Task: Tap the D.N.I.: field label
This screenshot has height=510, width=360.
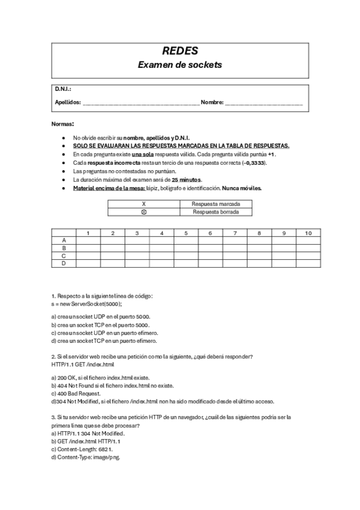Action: (63, 90)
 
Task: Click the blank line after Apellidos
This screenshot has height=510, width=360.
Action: (141, 103)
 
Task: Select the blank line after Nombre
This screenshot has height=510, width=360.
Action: (264, 103)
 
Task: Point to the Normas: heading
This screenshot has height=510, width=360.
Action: (63, 123)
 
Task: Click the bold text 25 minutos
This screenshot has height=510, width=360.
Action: (186, 180)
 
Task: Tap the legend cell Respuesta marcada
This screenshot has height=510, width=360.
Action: (216, 204)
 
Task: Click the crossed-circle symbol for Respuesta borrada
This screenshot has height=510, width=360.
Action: (143, 212)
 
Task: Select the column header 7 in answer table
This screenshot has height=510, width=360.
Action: (234, 233)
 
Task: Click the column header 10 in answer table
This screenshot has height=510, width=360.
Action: (308, 233)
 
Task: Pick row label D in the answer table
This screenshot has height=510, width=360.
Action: (64, 263)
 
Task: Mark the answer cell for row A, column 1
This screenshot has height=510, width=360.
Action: (88, 241)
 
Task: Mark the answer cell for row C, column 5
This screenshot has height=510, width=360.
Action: (186, 256)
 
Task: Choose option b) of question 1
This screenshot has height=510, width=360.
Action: (100, 325)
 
